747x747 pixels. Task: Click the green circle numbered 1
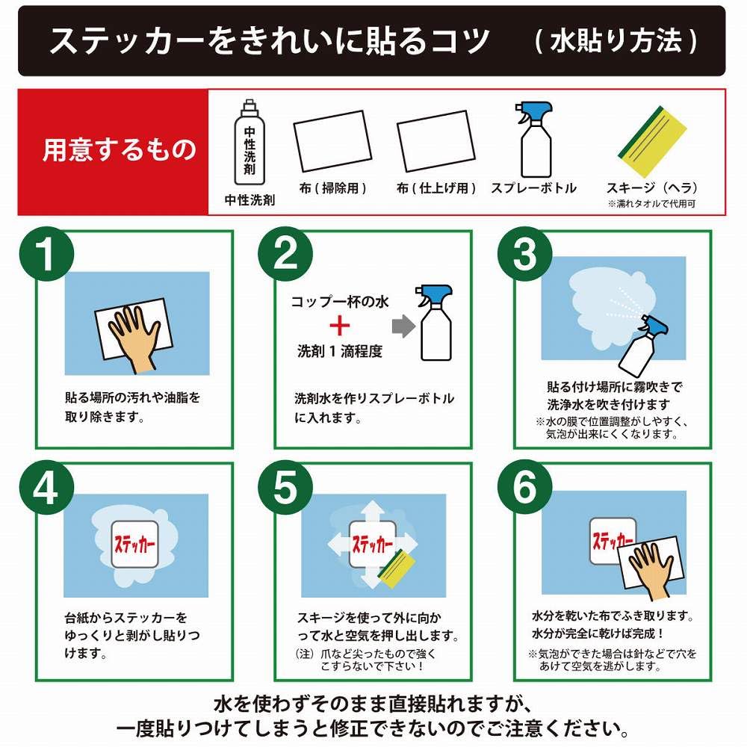(46, 254)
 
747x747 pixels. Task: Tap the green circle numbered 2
(285, 254)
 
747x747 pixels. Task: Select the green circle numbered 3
(524, 254)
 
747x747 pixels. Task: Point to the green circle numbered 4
(46, 487)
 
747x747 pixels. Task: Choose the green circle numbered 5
(285, 487)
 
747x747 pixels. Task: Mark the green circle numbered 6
(524, 487)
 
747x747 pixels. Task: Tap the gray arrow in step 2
(403, 326)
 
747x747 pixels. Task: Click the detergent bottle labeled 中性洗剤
(249, 142)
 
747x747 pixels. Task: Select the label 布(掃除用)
(332, 188)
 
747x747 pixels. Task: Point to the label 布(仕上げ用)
(436, 188)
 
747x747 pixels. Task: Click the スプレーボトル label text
(534, 188)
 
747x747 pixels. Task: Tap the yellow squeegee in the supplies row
(653, 141)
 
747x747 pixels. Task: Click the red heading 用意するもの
(119, 149)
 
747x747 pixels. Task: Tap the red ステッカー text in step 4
(134, 544)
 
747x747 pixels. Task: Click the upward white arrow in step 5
(373, 511)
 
